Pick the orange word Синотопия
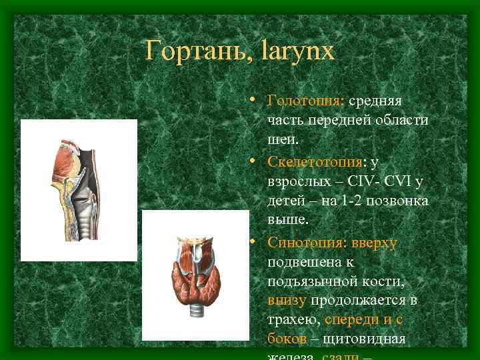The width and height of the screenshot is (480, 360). click(x=304, y=244)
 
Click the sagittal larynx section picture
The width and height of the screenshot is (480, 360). click(x=78, y=191)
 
